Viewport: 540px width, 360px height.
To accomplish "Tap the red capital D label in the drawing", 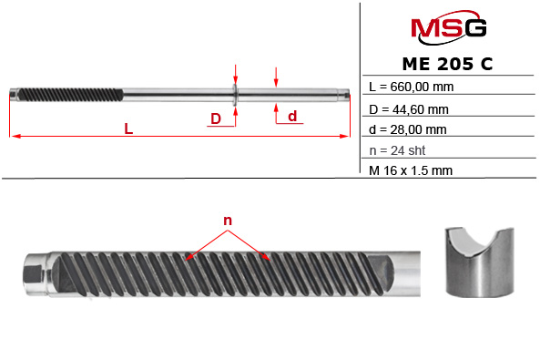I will point(215,118).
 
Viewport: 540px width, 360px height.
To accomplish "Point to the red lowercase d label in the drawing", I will point(291,116).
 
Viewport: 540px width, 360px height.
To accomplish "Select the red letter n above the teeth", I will point(228,221).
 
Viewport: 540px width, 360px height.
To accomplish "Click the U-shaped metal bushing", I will point(479,263).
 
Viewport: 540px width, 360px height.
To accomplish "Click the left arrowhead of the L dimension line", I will point(14,137).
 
